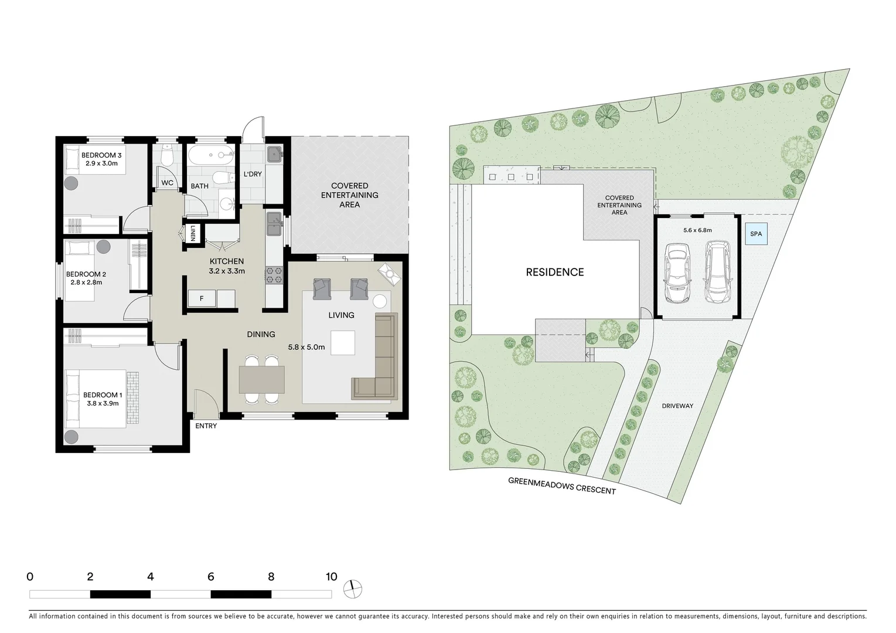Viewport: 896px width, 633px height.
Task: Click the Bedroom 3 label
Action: (101, 155)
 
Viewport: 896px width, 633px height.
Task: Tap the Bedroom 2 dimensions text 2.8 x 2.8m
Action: (86, 283)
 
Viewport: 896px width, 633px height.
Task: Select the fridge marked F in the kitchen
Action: (201, 299)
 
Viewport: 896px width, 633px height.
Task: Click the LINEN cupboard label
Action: (193, 234)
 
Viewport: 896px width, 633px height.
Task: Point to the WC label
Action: (167, 183)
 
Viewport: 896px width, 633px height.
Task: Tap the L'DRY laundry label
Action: (253, 174)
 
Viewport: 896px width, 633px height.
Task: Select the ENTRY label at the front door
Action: (206, 426)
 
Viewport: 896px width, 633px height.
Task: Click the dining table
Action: (261, 380)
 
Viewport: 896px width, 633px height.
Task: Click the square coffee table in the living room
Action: (343, 343)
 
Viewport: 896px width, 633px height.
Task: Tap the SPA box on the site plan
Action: (756, 234)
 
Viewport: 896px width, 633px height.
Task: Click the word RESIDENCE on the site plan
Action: (554, 273)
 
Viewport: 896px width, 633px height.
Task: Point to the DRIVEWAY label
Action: (677, 406)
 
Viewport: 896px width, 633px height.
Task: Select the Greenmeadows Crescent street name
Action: (561, 486)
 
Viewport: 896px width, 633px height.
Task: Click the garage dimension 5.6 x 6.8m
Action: (697, 230)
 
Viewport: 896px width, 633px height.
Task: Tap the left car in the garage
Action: (677, 274)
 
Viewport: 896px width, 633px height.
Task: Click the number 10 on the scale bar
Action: (331, 577)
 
